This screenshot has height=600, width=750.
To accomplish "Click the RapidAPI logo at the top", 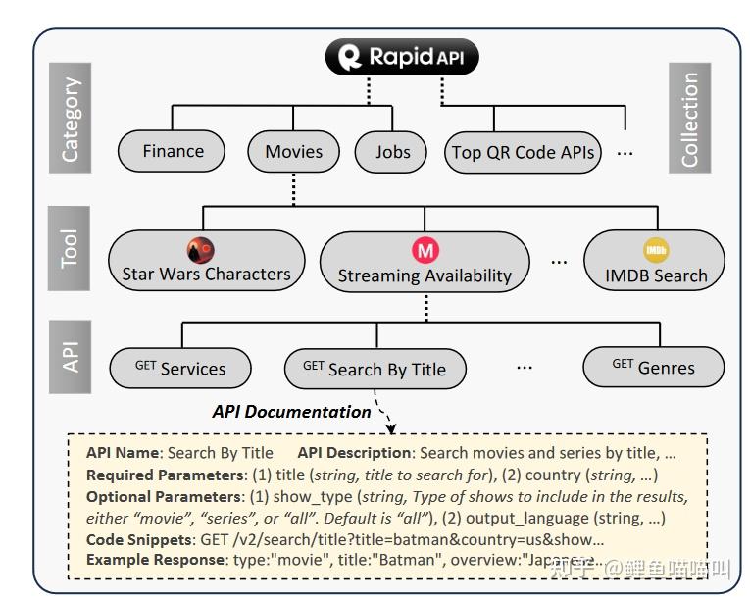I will [407, 57].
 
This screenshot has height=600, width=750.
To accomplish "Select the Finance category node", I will [174, 152].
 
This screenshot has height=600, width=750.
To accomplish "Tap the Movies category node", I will [293, 152].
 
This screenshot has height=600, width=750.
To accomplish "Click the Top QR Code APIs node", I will [522, 153].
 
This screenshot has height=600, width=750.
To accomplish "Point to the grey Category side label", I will [71, 121].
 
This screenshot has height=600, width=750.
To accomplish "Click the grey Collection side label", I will [689, 120].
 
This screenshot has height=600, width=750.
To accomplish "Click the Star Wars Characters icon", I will [201, 250].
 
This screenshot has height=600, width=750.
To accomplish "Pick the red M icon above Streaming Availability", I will [425, 251].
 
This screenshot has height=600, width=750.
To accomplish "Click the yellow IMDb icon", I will [655, 250].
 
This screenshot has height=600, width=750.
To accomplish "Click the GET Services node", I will [179, 369].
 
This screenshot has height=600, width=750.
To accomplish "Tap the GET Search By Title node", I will [375, 369].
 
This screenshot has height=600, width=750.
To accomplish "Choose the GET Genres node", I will [653, 368].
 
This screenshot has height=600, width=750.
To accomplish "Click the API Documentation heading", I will [291, 412].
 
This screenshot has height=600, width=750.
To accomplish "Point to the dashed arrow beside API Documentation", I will [384, 422].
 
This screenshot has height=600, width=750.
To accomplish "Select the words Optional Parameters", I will [163, 497].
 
